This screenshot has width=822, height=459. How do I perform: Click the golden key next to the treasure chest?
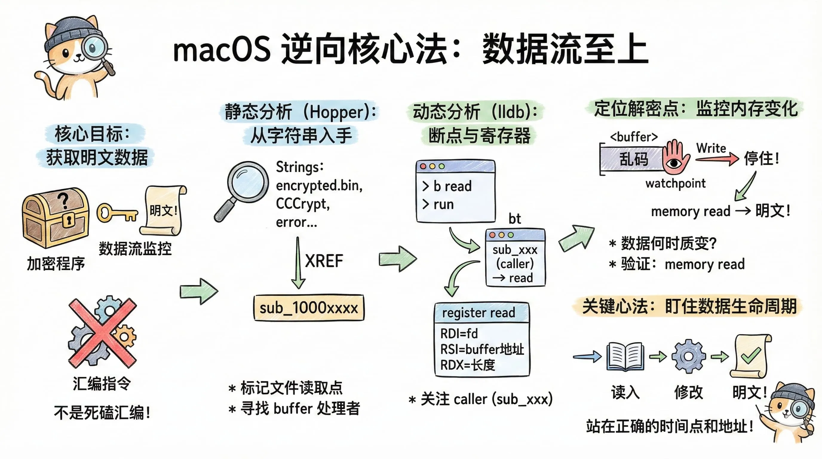click(x=116, y=213)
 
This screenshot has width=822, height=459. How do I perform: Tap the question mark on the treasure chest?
click(x=64, y=200)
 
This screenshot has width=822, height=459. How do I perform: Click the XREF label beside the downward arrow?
click(x=323, y=261)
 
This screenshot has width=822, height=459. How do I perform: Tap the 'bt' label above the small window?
click(x=514, y=219)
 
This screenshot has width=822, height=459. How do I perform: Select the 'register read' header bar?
click(x=481, y=313)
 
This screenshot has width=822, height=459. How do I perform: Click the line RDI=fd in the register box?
click(x=459, y=334)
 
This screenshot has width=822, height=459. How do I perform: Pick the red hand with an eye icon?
click(x=675, y=157)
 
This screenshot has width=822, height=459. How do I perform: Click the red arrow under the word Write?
click(x=716, y=159)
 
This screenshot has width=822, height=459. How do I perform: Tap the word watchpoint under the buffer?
click(x=675, y=183)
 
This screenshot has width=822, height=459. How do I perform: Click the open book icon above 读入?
click(x=625, y=357)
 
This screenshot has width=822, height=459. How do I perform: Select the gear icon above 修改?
click(x=688, y=356)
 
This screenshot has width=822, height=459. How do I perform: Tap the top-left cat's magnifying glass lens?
click(x=94, y=47)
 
